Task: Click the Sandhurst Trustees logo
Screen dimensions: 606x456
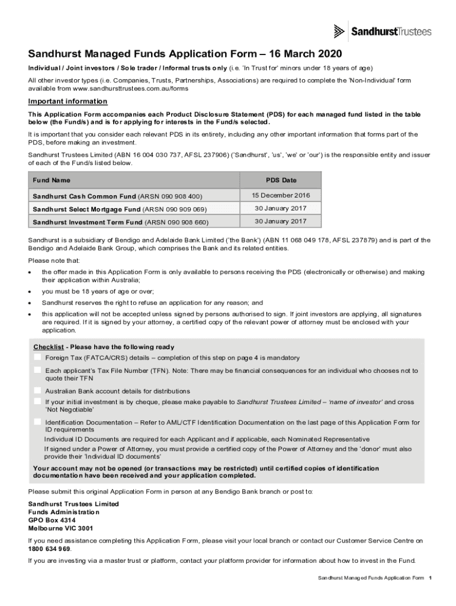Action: pos(383,31)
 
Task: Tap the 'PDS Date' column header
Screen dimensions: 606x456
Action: pos(281,180)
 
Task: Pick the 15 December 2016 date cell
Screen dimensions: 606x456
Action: pos(281,195)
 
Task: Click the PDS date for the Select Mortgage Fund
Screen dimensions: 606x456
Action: pos(281,208)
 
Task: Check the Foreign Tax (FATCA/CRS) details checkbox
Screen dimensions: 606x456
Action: pos(37,357)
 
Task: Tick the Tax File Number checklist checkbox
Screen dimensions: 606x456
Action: pos(37,370)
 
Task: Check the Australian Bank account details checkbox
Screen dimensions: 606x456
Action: pos(37,391)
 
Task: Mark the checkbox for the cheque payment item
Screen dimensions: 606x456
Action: pos(37,401)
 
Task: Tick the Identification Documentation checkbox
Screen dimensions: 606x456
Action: pos(37,422)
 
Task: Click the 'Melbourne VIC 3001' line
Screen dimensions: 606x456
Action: pos(60,528)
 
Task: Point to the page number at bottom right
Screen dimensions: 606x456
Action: pos(431,577)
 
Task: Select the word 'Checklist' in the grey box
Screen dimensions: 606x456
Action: pos(48,347)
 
